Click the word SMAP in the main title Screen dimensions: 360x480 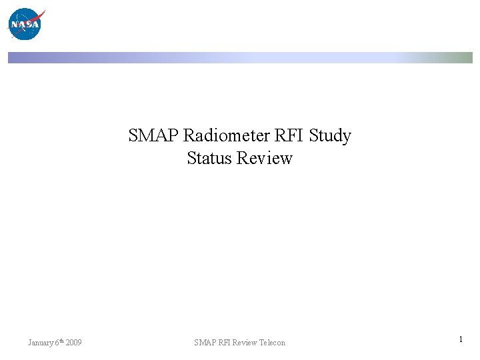[153, 136]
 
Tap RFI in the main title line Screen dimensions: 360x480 [290, 136]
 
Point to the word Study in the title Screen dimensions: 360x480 [330, 136]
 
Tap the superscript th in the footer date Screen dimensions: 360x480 [61, 341]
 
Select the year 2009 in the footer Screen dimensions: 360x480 [74, 343]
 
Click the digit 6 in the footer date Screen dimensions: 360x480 [57, 343]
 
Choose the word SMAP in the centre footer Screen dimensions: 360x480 [204, 343]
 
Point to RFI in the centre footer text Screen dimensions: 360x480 [223, 343]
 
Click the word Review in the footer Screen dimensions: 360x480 [245, 343]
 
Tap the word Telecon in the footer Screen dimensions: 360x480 [272, 343]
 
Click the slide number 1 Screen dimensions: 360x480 [461, 340]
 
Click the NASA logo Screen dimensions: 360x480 [25, 24]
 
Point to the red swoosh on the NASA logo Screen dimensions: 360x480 [38, 16]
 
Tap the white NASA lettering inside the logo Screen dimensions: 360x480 [25, 25]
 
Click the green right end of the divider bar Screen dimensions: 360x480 [464, 58]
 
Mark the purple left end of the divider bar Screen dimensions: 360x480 [16, 58]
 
